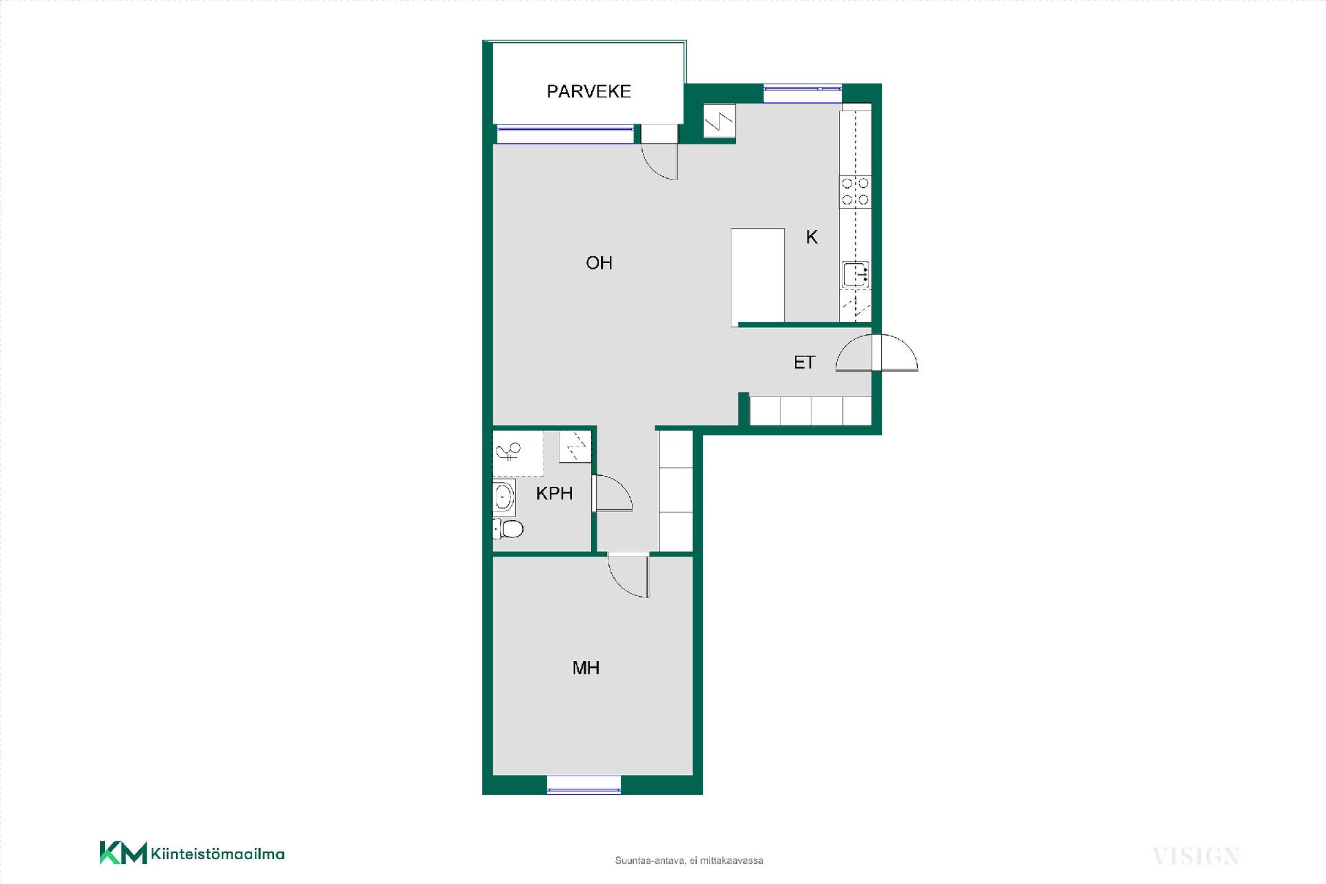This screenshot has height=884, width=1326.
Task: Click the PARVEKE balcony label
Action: coord(588,91)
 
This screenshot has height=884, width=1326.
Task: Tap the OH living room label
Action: coord(599,262)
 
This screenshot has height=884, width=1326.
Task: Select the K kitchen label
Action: coord(811,237)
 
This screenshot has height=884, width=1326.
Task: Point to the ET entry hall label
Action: coord(804,363)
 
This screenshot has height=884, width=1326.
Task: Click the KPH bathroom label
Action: coord(555,493)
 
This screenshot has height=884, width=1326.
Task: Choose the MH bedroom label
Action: coord(586,668)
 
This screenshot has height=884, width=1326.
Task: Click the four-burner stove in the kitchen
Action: coord(855,191)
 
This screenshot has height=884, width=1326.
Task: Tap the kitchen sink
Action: coord(855,274)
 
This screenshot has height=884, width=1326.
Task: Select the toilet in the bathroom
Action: coord(508,529)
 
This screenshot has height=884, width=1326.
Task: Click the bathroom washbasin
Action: coord(504,497)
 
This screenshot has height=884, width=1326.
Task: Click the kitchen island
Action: coord(758,277)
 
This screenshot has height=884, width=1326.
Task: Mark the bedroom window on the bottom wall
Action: coord(584,785)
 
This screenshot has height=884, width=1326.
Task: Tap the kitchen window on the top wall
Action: coord(803,93)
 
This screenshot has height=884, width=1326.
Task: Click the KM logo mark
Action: coord(124,853)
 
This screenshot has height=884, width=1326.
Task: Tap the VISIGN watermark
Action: coord(1196,857)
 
